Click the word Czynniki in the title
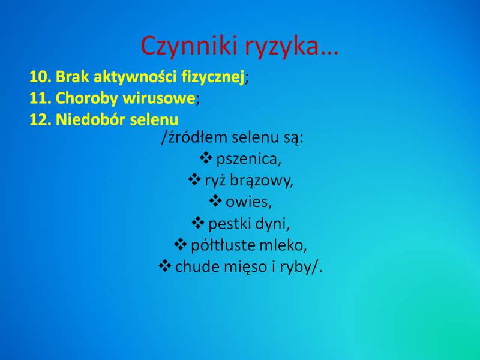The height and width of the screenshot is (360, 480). (x=189, y=46)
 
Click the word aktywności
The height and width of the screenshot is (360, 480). (x=135, y=77)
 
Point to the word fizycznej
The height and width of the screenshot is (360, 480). (x=213, y=77)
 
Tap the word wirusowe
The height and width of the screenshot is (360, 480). (x=159, y=98)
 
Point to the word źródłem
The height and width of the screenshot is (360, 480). (x=197, y=137)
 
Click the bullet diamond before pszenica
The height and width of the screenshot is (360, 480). (x=206, y=158)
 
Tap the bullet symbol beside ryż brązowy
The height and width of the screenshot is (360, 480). (x=194, y=179)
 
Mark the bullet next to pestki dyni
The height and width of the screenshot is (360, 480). (x=198, y=223)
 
